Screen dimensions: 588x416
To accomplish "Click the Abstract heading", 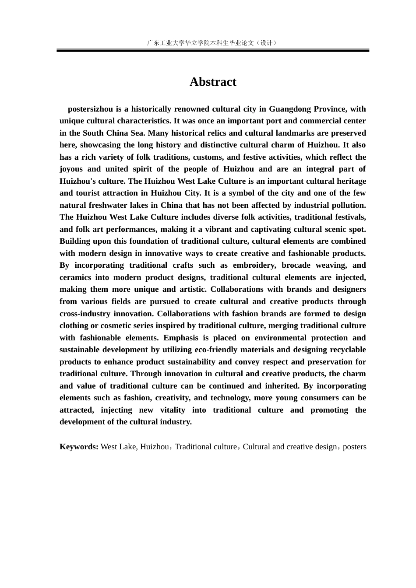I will click(213, 82).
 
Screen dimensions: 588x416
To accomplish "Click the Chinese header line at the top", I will click(213, 43).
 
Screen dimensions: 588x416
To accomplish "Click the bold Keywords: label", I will click(79, 447).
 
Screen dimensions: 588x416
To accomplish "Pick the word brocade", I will click(296, 265).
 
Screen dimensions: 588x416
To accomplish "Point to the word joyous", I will click(71, 169).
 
